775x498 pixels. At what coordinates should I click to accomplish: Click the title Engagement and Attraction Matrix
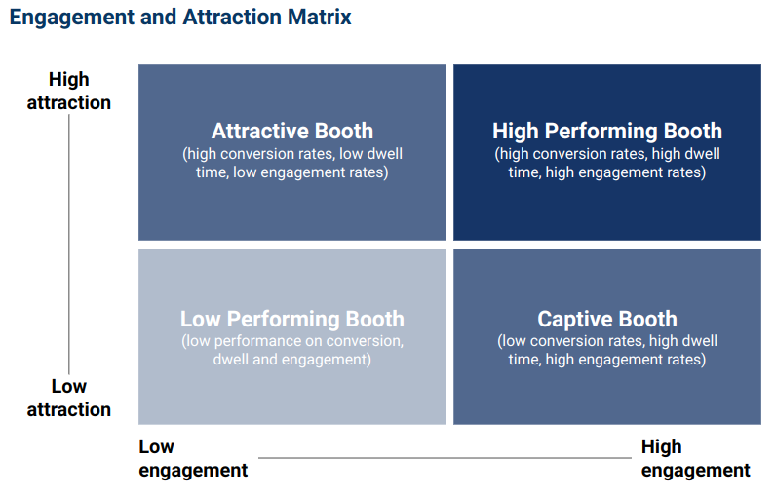coord(180,17)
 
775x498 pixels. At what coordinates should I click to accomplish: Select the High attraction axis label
coord(68,91)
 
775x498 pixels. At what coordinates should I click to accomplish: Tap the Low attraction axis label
coord(68,398)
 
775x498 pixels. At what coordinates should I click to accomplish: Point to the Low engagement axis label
coord(193,459)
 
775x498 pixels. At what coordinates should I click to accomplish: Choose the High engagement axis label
coord(695,459)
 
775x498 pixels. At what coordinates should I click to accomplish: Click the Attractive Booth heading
coord(292,132)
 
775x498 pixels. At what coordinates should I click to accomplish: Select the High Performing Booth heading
coord(607,132)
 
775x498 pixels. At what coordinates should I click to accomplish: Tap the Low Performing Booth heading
coord(292,320)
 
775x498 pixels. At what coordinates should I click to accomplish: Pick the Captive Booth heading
coord(607,320)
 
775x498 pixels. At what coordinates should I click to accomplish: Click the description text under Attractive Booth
coord(292,164)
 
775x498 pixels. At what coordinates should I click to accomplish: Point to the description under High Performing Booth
coord(607,164)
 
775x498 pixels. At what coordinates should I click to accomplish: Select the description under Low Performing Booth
coord(292,350)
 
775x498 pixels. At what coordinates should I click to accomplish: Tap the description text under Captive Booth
coord(607,350)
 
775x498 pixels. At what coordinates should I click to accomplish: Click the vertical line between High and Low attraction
coord(69,244)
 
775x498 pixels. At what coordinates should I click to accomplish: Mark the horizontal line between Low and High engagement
coord(444,457)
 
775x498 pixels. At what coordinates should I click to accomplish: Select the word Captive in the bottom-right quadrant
coord(572,320)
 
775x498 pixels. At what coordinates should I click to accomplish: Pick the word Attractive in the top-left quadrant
coord(258,132)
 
